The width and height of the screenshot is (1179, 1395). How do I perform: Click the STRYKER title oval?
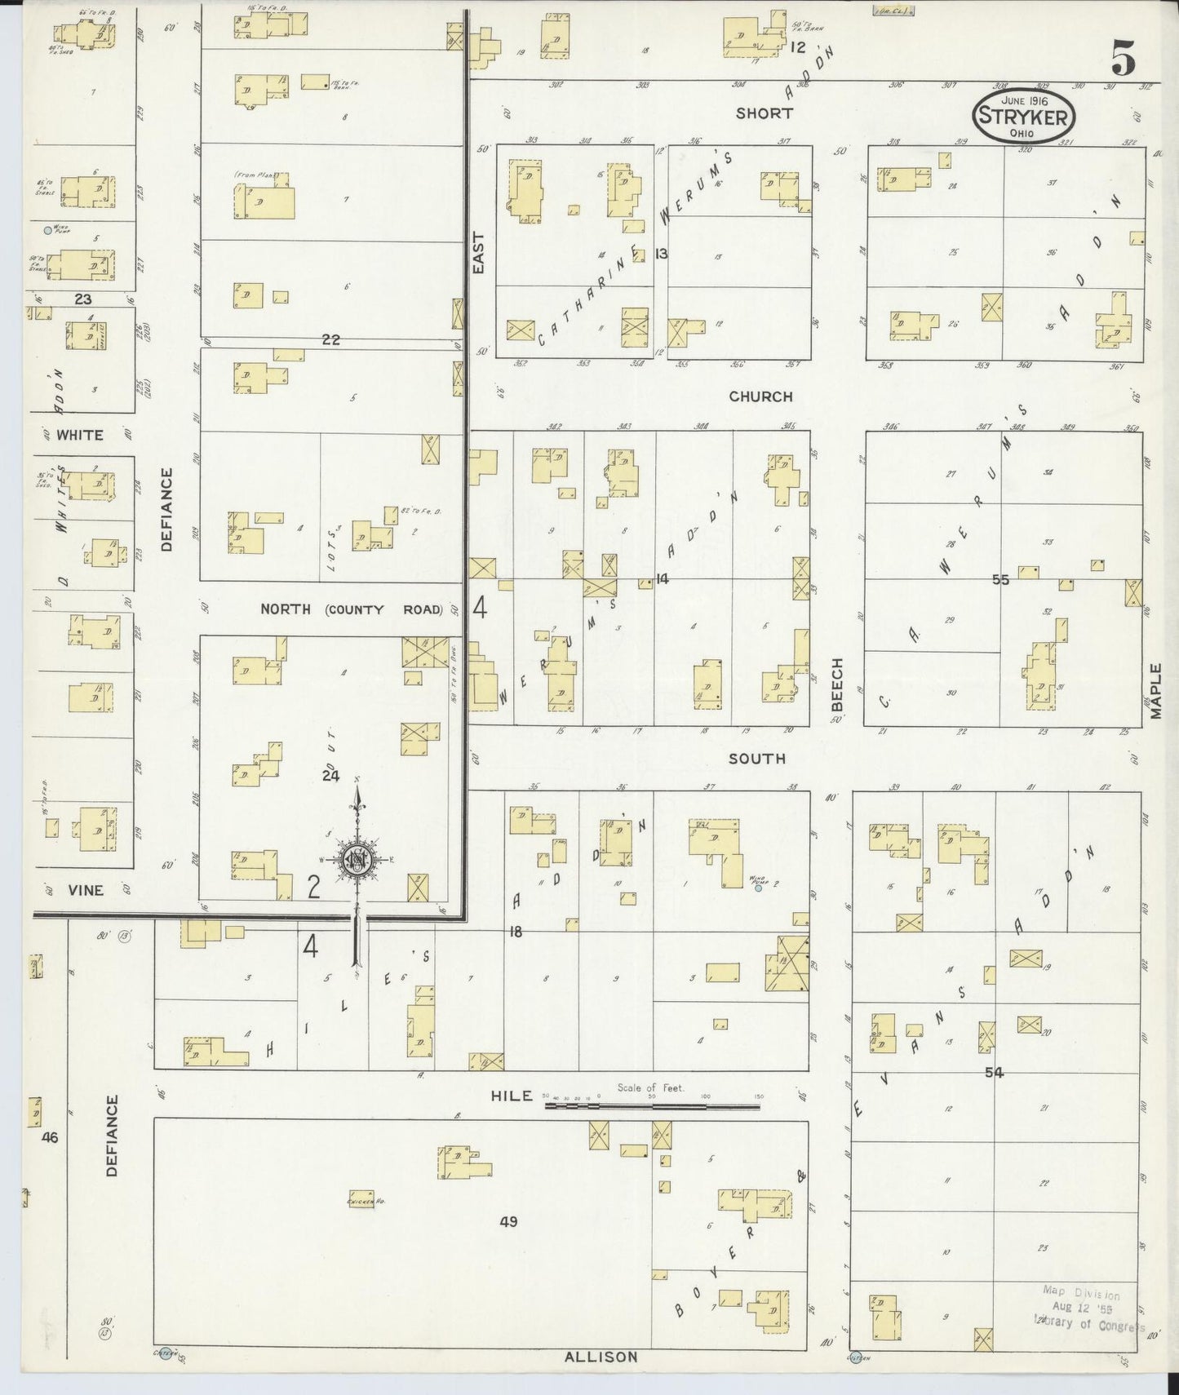tap(1023, 116)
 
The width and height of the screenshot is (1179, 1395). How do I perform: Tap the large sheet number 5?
tap(1124, 59)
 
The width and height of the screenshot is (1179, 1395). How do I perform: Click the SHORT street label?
tap(764, 113)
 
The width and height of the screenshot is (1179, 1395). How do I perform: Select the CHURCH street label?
tap(760, 396)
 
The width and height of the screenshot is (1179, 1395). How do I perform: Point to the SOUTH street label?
tap(757, 759)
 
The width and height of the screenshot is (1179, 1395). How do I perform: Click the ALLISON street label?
tap(601, 1357)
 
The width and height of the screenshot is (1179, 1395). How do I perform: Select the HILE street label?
tap(512, 1096)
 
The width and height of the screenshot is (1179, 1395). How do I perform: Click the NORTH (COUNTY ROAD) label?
tap(352, 609)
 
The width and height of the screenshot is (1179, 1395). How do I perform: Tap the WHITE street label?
tap(80, 435)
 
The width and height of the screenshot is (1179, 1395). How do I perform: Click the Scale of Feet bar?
tap(652, 1106)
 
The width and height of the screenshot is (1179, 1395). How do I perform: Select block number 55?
tap(1000, 580)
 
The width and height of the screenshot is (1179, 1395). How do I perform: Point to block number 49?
tap(509, 1221)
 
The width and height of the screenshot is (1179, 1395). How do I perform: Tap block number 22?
tap(330, 339)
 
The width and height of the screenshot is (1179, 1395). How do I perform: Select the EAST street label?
tap(478, 253)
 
